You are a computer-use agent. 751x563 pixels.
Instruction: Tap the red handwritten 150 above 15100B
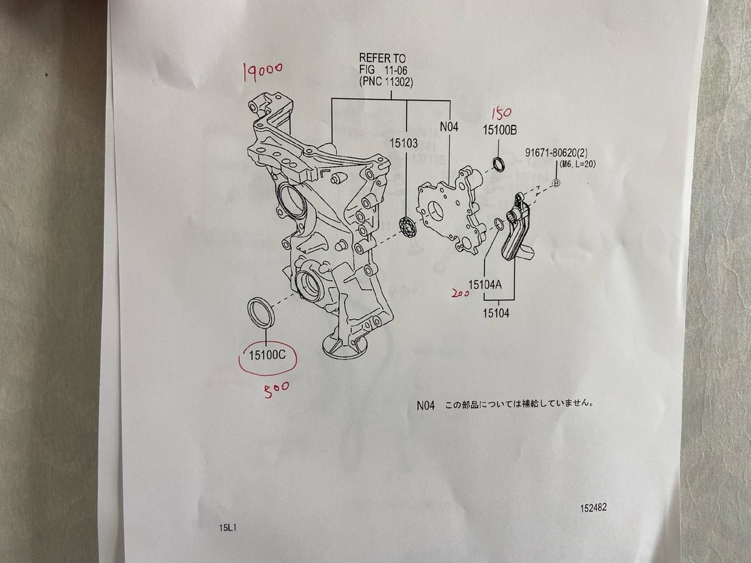point(501,114)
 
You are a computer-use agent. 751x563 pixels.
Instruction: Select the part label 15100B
point(499,130)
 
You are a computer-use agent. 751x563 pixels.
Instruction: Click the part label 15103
point(404,143)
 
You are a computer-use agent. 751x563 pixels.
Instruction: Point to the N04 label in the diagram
point(449,127)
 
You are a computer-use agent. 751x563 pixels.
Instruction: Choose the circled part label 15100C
point(267,355)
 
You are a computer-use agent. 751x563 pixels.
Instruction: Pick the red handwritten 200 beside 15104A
point(459,293)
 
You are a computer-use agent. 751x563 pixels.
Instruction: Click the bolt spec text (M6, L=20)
point(577,165)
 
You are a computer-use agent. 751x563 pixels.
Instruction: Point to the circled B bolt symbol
point(556,183)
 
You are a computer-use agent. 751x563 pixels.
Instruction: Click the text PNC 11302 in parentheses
point(386,83)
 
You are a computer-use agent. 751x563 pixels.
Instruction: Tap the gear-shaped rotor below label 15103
point(408,227)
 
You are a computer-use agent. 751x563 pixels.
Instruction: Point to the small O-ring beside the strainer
point(499,223)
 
